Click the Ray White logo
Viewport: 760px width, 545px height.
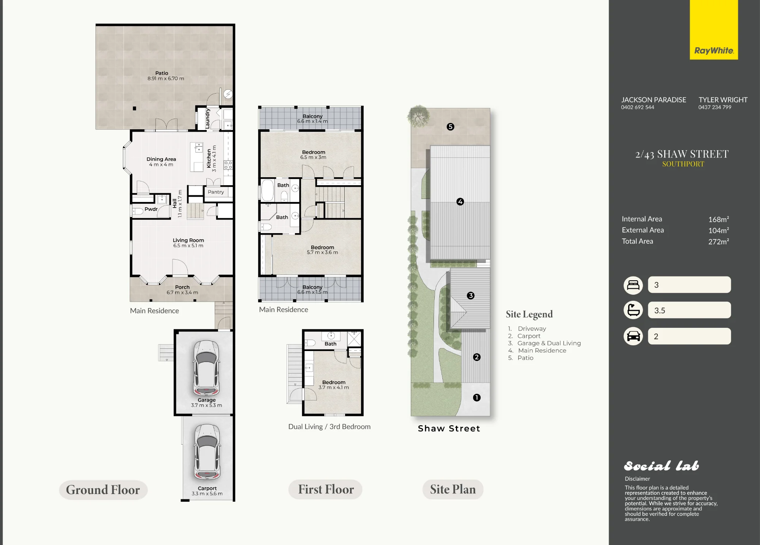tap(714, 30)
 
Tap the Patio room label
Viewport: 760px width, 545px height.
tap(161, 73)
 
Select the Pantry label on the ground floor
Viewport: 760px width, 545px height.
tap(216, 192)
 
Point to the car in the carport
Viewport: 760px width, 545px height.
tap(207, 452)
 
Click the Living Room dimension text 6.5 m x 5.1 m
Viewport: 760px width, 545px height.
tap(188, 246)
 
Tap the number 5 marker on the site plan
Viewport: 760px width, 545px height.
tap(450, 127)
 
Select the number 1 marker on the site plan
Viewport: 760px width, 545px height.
tap(477, 397)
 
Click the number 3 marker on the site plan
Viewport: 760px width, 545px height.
tap(470, 296)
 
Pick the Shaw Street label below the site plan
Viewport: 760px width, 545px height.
tap(449, 429)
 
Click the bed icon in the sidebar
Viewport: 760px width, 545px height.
tap(633, 285)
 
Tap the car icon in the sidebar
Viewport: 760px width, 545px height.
tap(633, 336)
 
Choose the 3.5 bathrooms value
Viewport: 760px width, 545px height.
tap(660, 310)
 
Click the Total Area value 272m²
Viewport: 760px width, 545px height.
tap(719, 242)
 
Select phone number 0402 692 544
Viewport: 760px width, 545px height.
tap(638, 107)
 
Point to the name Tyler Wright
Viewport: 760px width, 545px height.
tap(723, 100)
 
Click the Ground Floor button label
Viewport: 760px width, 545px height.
tap(103, 490)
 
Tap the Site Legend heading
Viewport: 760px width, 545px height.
tap(529, 314)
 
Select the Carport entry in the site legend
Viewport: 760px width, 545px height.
tap(529, 336)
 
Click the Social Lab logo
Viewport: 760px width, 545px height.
tap(661, 466)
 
